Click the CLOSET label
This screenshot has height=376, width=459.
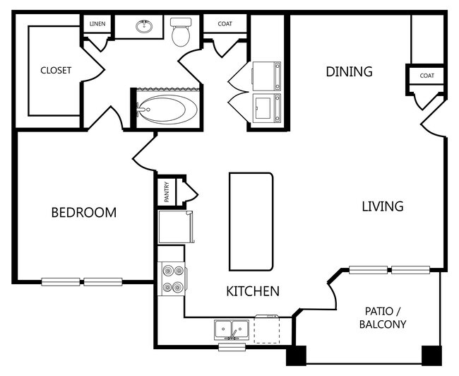(55, 70)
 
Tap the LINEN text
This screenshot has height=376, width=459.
(97, 25)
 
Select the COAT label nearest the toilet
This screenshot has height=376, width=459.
(225, 25)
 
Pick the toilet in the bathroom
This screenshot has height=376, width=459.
(181, 31)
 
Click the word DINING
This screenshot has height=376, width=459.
(348, 71)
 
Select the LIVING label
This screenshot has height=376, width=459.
(382, 206)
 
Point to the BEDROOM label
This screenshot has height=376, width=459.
(83, 212)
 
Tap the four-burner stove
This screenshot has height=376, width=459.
(171, 278)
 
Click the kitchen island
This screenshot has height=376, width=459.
(251, 221)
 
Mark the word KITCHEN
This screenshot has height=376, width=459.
(252, 290)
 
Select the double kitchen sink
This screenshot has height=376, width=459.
(231, 329)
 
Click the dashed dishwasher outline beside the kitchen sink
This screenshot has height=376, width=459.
(267, 329)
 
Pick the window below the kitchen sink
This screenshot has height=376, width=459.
(232, 347)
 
